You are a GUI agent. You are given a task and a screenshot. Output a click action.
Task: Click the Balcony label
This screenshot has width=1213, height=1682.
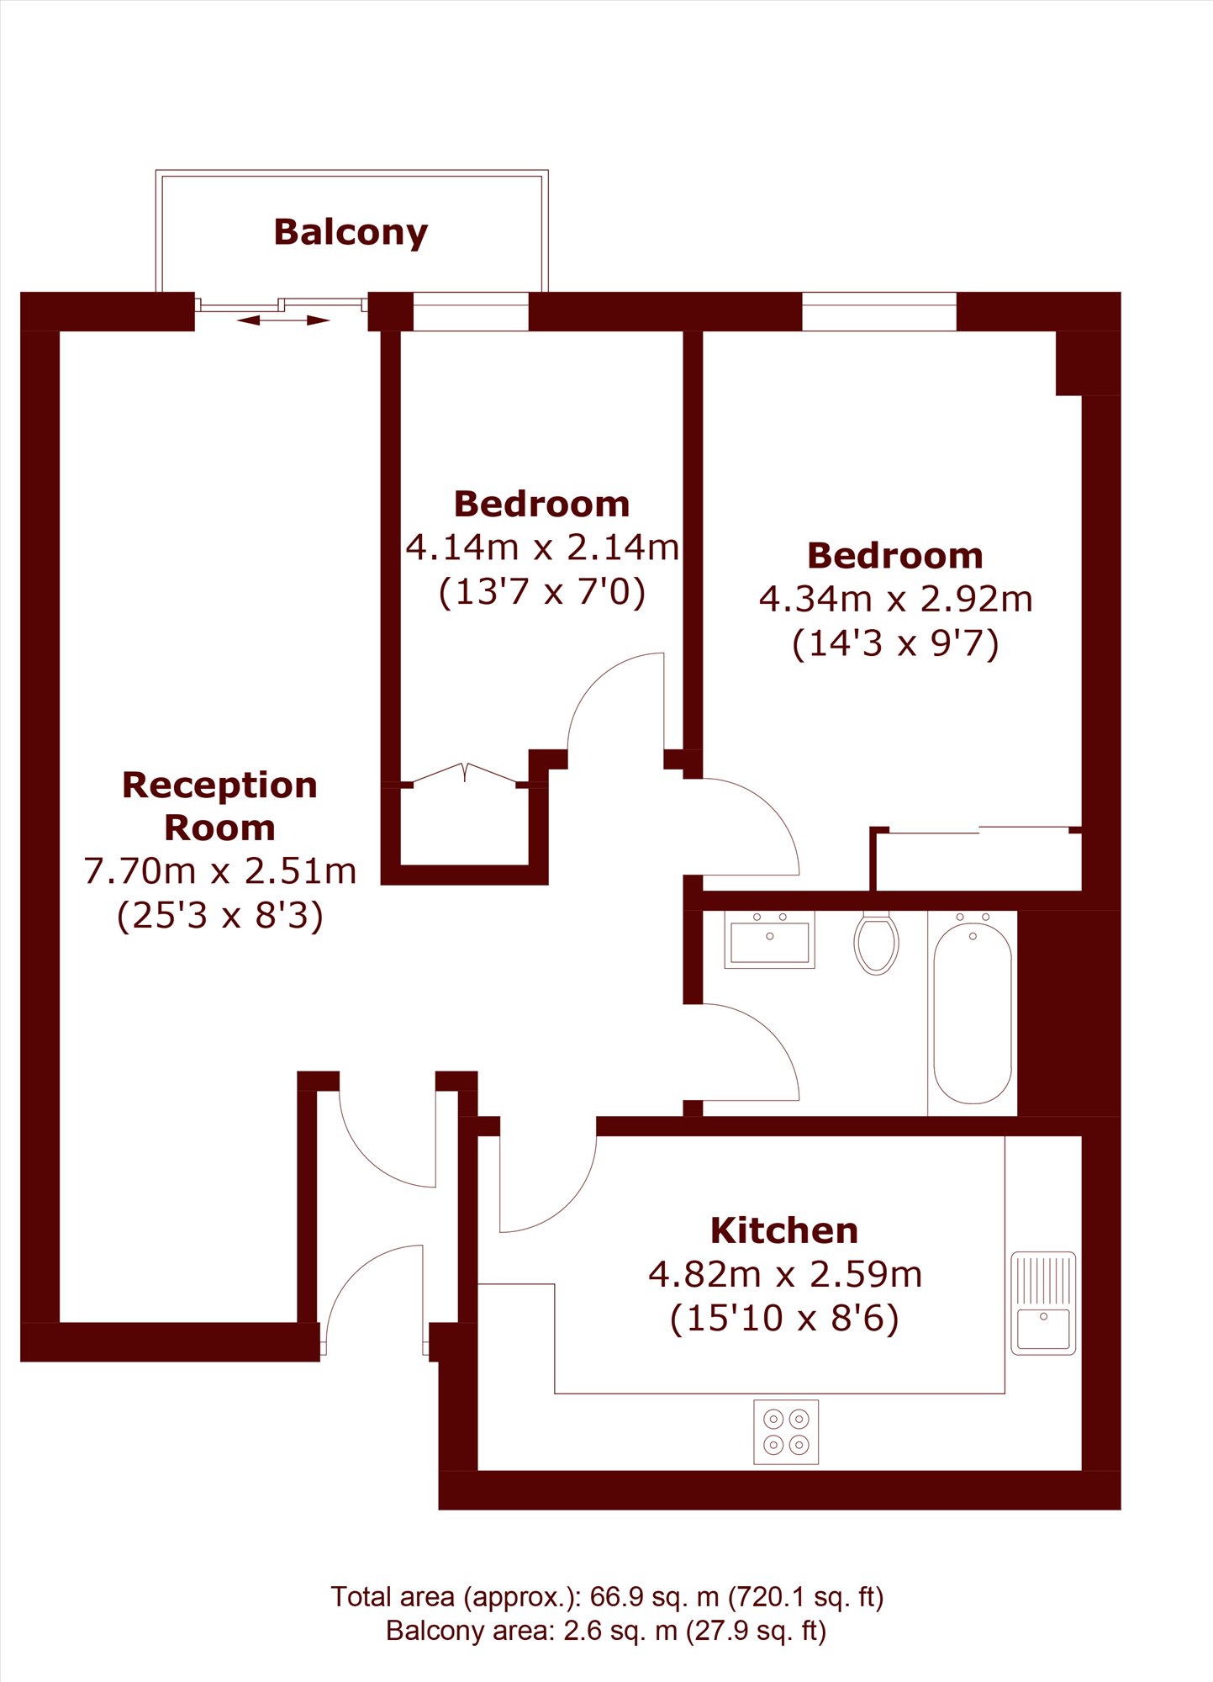(351, 233)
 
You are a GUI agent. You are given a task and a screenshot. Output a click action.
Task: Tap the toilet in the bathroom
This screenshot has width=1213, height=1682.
(876, 943)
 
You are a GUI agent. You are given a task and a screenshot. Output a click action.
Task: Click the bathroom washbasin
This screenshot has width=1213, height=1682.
(769, 940)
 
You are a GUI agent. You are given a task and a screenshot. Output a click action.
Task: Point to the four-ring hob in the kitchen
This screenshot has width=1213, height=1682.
(786, 1431)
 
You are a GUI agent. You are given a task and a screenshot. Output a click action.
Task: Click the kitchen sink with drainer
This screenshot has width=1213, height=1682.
(1043, 1304)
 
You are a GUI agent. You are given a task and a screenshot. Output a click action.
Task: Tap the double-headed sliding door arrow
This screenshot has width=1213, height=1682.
(283, 320)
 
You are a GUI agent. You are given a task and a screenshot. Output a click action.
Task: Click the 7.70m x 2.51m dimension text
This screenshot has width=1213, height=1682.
(220, 871)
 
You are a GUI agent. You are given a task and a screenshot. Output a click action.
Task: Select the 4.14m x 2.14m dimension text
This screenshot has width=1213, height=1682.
(542, 547)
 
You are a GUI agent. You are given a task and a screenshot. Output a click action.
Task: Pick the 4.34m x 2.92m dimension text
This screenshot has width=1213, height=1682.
(896, 600)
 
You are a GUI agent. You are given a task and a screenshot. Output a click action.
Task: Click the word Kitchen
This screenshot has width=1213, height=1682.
(784, 1231)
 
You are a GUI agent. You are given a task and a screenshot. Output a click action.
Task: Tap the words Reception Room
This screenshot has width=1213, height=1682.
(220, 807)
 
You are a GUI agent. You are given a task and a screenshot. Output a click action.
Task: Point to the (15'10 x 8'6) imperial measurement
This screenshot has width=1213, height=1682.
(784, 1318)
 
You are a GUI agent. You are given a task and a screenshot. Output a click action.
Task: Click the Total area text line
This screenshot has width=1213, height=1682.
(607, 1597)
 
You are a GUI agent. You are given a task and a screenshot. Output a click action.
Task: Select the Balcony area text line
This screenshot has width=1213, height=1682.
(606, 1632)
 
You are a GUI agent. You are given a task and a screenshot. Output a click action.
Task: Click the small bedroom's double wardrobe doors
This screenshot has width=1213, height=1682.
(465, 774)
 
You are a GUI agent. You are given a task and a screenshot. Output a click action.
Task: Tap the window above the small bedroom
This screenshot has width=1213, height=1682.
(471, 311)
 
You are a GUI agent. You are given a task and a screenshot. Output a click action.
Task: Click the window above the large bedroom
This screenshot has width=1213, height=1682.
(879, 311)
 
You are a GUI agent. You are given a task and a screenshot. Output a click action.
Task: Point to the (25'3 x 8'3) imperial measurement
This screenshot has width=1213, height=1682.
(220, 916)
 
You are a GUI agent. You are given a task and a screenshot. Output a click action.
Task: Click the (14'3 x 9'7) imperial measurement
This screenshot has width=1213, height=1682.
(896, 644)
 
